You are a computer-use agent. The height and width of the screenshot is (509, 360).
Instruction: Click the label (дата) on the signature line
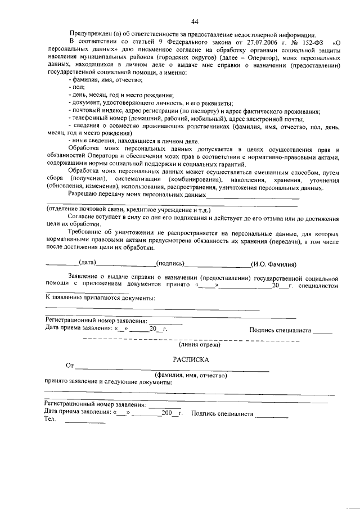88,263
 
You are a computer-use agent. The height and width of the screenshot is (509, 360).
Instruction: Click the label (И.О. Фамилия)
274,263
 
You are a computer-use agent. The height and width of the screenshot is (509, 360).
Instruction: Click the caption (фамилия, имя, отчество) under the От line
190,375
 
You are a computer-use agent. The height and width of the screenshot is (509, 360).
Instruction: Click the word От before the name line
70,366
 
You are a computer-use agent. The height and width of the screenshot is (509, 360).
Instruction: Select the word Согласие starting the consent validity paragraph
82,216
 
